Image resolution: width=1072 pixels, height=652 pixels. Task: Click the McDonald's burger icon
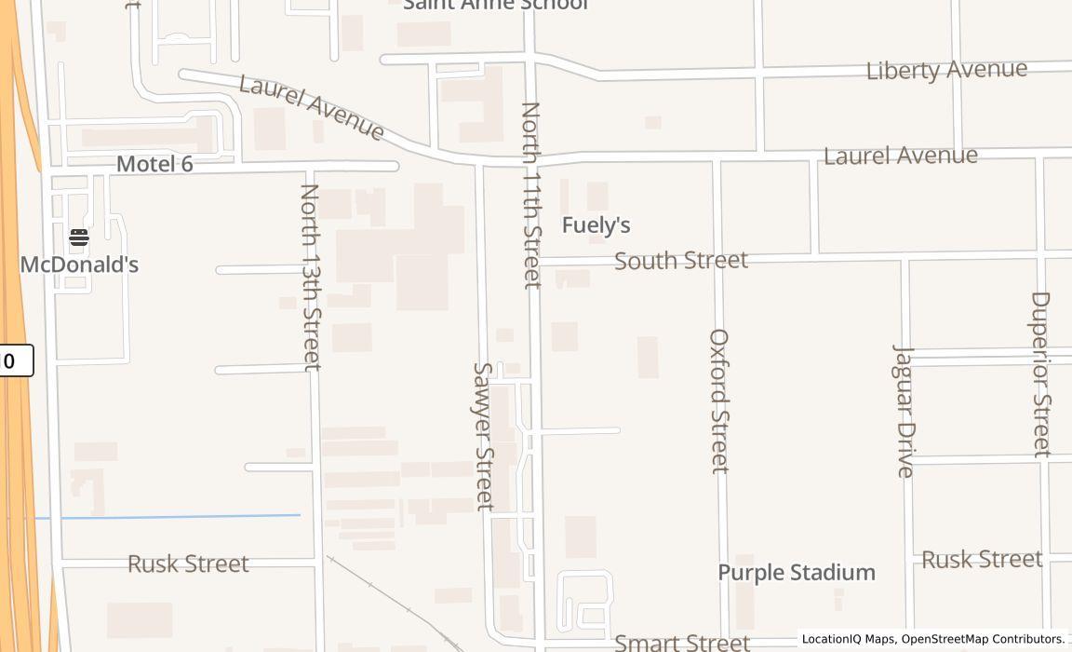(79, 238)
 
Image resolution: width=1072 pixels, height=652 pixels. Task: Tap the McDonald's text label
(79, 265)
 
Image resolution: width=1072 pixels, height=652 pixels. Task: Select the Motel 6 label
(154, 165)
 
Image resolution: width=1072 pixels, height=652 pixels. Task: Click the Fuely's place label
(596, 225)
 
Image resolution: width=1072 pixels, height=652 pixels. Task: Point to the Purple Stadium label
(797, 573)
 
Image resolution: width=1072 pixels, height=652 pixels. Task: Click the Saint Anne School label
(495, 5)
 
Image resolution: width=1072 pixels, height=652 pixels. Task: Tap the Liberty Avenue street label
(946, 71)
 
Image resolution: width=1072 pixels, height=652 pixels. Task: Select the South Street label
(681, 261)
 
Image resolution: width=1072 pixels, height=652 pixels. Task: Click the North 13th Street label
(311, 277)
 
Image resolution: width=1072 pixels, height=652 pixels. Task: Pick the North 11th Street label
(531, 196)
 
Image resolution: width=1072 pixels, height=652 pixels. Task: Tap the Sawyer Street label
(483, 436)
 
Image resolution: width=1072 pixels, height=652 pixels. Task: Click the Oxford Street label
(719, 401)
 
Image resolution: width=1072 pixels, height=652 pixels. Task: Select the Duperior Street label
(1041, 374)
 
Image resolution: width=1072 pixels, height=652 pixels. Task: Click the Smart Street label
(682, 642)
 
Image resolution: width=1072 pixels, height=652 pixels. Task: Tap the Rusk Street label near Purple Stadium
(982, 560)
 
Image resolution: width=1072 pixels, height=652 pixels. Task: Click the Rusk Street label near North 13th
(188, 564)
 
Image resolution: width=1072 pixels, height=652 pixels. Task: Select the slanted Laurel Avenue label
(312, 108)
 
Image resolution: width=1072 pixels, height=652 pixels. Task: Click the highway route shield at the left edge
(15, 360)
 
